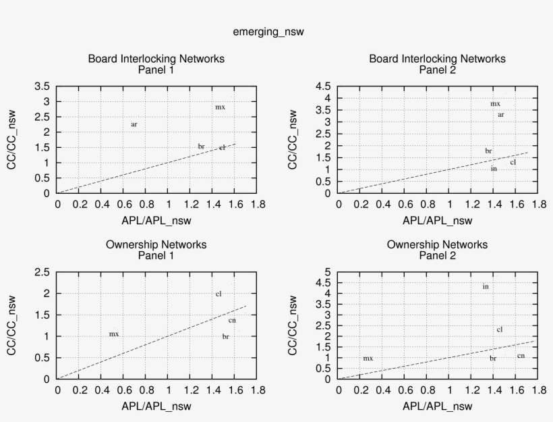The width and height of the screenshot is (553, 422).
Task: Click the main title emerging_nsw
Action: pos(272,32)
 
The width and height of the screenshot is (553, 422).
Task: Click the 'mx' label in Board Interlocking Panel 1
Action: pos(220,107)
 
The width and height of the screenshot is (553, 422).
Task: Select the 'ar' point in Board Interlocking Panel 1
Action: pos(134,124)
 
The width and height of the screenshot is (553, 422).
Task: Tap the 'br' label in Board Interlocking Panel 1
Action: pos(201,146)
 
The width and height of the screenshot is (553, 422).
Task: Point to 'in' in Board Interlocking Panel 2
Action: pos(494,168)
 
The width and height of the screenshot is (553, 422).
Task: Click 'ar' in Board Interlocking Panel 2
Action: pos(501,115)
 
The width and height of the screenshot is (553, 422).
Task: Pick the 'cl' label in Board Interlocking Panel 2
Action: pos(513,162)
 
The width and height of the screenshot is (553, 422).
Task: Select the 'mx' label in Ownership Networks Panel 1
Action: pos(114,334)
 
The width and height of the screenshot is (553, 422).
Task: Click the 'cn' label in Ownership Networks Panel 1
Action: pos(232,320)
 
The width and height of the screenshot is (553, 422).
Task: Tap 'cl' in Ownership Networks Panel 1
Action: pos(219,294)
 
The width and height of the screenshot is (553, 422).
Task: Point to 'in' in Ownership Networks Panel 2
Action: pos(486,286)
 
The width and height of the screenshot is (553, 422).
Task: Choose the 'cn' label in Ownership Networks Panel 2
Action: pos(521,356)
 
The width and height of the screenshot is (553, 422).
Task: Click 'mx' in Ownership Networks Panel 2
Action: pos(368,358)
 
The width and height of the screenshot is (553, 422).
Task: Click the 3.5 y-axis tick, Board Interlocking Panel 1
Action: pos(42,86)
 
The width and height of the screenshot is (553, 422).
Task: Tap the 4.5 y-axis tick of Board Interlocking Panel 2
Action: pos(323,86)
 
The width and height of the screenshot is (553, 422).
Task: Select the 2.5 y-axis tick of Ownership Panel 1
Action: pos(42,272)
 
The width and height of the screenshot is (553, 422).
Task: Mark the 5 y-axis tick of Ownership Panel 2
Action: pos(328,272)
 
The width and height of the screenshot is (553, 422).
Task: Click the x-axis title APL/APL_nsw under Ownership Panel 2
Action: pos(437,406)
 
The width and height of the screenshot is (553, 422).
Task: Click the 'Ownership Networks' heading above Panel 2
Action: pos(437,244)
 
